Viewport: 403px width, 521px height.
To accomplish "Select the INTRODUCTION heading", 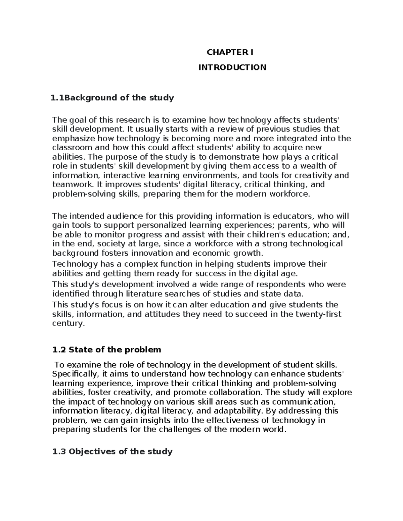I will click(232, 67).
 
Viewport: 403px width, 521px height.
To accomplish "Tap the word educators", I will click(293, 216).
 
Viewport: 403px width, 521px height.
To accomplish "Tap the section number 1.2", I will click(59, 350).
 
